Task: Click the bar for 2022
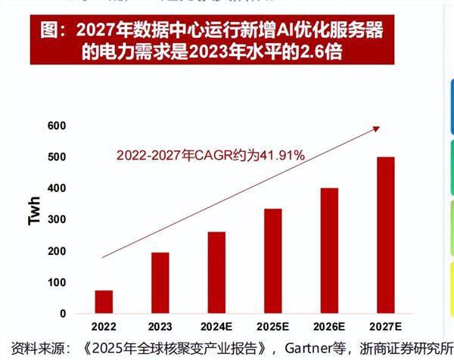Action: point(104,302)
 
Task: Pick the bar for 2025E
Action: point(272,261)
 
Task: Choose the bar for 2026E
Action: point(329,250)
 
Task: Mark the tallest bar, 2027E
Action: point(385,235)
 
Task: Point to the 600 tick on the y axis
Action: point(55,126)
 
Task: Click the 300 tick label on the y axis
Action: point(55,219)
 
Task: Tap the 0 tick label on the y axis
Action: point(62,313)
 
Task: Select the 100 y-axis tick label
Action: point(55,282)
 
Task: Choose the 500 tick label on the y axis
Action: point(55,157)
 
